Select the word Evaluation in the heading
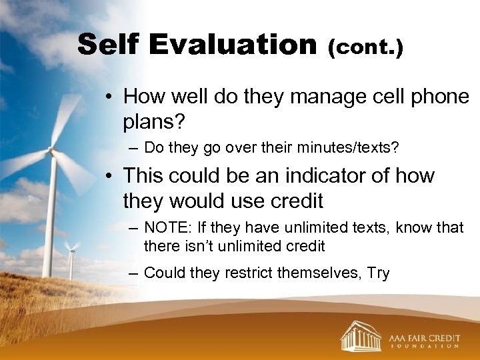[233, 45]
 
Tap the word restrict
[253, 273]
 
